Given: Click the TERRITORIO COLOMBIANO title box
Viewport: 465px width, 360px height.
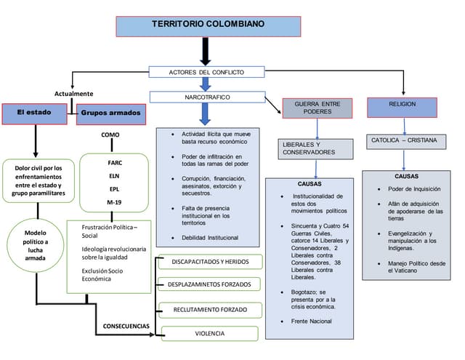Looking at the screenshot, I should (208, 25).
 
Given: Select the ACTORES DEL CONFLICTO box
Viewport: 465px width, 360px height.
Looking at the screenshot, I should (206, 73).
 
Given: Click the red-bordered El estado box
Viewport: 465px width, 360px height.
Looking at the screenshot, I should (36, 113).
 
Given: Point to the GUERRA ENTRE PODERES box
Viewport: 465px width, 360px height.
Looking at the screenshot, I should (317, 108).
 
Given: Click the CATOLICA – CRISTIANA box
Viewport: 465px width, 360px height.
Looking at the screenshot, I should (404, 140).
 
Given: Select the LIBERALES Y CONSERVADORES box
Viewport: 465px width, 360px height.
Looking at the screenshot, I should (315, 148).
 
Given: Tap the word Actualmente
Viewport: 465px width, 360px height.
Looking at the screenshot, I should (74, 94).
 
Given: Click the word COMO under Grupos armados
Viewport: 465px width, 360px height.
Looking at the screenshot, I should (111, 135).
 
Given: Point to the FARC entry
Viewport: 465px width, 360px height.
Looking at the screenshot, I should (114, 162).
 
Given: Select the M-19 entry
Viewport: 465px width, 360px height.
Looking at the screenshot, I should (114, 201).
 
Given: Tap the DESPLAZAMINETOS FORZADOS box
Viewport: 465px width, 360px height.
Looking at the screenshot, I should (209, 284).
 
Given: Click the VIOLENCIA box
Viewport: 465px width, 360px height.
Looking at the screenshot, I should (209, 334).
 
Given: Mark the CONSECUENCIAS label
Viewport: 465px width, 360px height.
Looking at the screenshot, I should (126, 325).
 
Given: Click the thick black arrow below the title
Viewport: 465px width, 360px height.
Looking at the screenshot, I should (205, 52).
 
